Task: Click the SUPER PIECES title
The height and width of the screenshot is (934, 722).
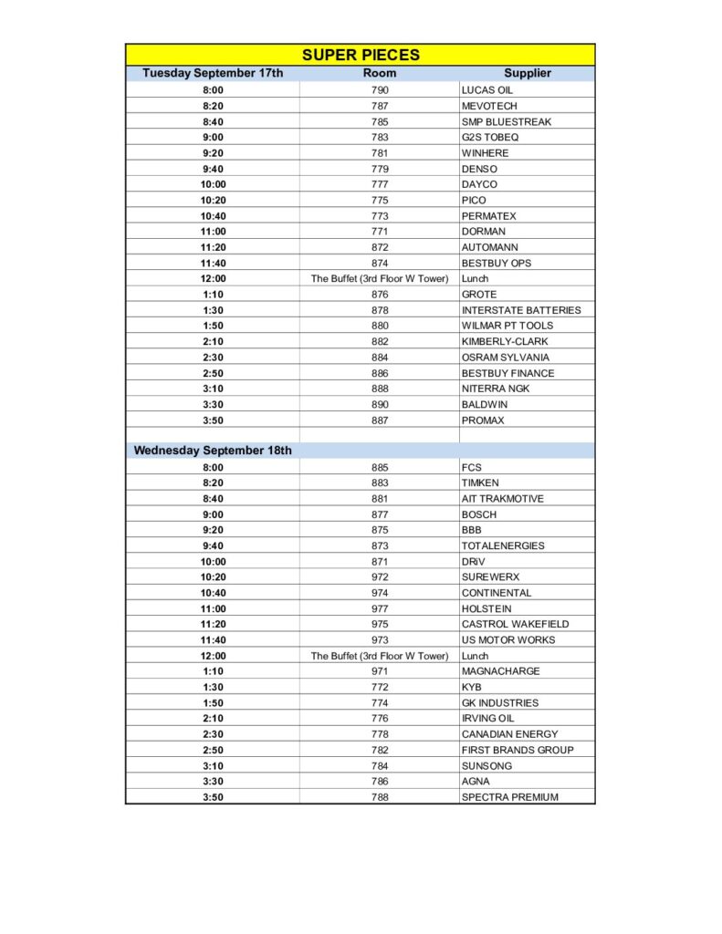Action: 361,55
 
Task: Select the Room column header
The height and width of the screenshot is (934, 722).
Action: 380,73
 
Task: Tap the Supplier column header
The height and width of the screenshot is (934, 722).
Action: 528,73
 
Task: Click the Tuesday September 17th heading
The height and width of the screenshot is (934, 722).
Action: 213,73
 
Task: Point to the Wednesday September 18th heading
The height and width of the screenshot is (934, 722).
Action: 213,451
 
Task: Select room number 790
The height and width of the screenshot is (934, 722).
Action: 380,90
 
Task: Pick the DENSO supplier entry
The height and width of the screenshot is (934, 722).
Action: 479,169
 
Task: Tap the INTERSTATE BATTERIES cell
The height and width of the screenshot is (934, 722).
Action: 521,310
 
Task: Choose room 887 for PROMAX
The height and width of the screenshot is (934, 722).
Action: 380,420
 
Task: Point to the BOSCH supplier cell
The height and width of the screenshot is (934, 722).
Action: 479,514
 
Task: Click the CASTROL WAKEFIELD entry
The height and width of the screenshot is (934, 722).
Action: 515,624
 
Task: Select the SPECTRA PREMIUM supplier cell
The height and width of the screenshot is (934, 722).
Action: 509,797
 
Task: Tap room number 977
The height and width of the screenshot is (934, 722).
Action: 380,608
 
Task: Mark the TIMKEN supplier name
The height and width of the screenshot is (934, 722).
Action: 480,483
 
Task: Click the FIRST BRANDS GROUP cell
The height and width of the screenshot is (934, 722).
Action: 518,750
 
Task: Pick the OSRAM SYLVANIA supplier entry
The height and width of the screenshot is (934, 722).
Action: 506,358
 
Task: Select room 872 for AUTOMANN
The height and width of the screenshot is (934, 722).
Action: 380,247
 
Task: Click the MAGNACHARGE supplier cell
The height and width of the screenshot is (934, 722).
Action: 500,671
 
